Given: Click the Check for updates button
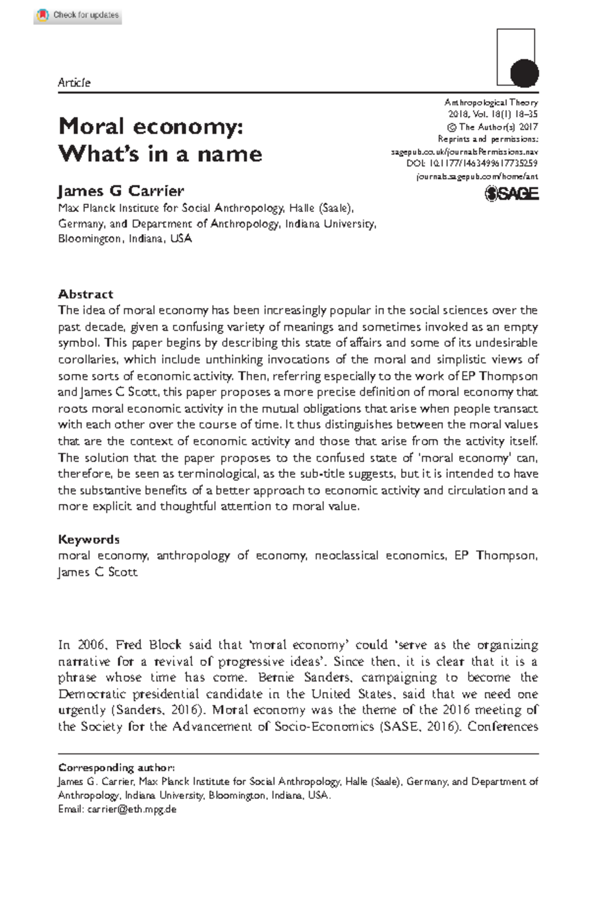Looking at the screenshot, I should (78, 15).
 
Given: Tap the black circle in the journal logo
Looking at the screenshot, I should (524, 74).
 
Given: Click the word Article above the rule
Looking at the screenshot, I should (74, 83).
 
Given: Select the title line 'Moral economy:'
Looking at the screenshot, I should (151, 126).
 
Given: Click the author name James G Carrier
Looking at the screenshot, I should (121, 191).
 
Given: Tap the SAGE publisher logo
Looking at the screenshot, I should (511, 194).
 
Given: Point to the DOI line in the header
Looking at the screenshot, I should (472, 164).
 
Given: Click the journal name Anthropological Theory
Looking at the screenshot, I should (491, 102).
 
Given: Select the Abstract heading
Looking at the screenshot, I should (86, 294).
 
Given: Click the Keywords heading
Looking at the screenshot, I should (89, 539).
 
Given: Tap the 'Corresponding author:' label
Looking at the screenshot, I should (117, 767).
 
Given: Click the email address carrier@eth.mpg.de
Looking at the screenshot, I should (132, 810).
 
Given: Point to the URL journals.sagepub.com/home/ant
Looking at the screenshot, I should (477, 176).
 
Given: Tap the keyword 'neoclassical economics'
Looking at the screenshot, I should (381, 556).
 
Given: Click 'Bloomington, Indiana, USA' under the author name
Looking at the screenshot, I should (125, 239).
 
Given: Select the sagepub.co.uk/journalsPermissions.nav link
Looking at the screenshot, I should (465, 151).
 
